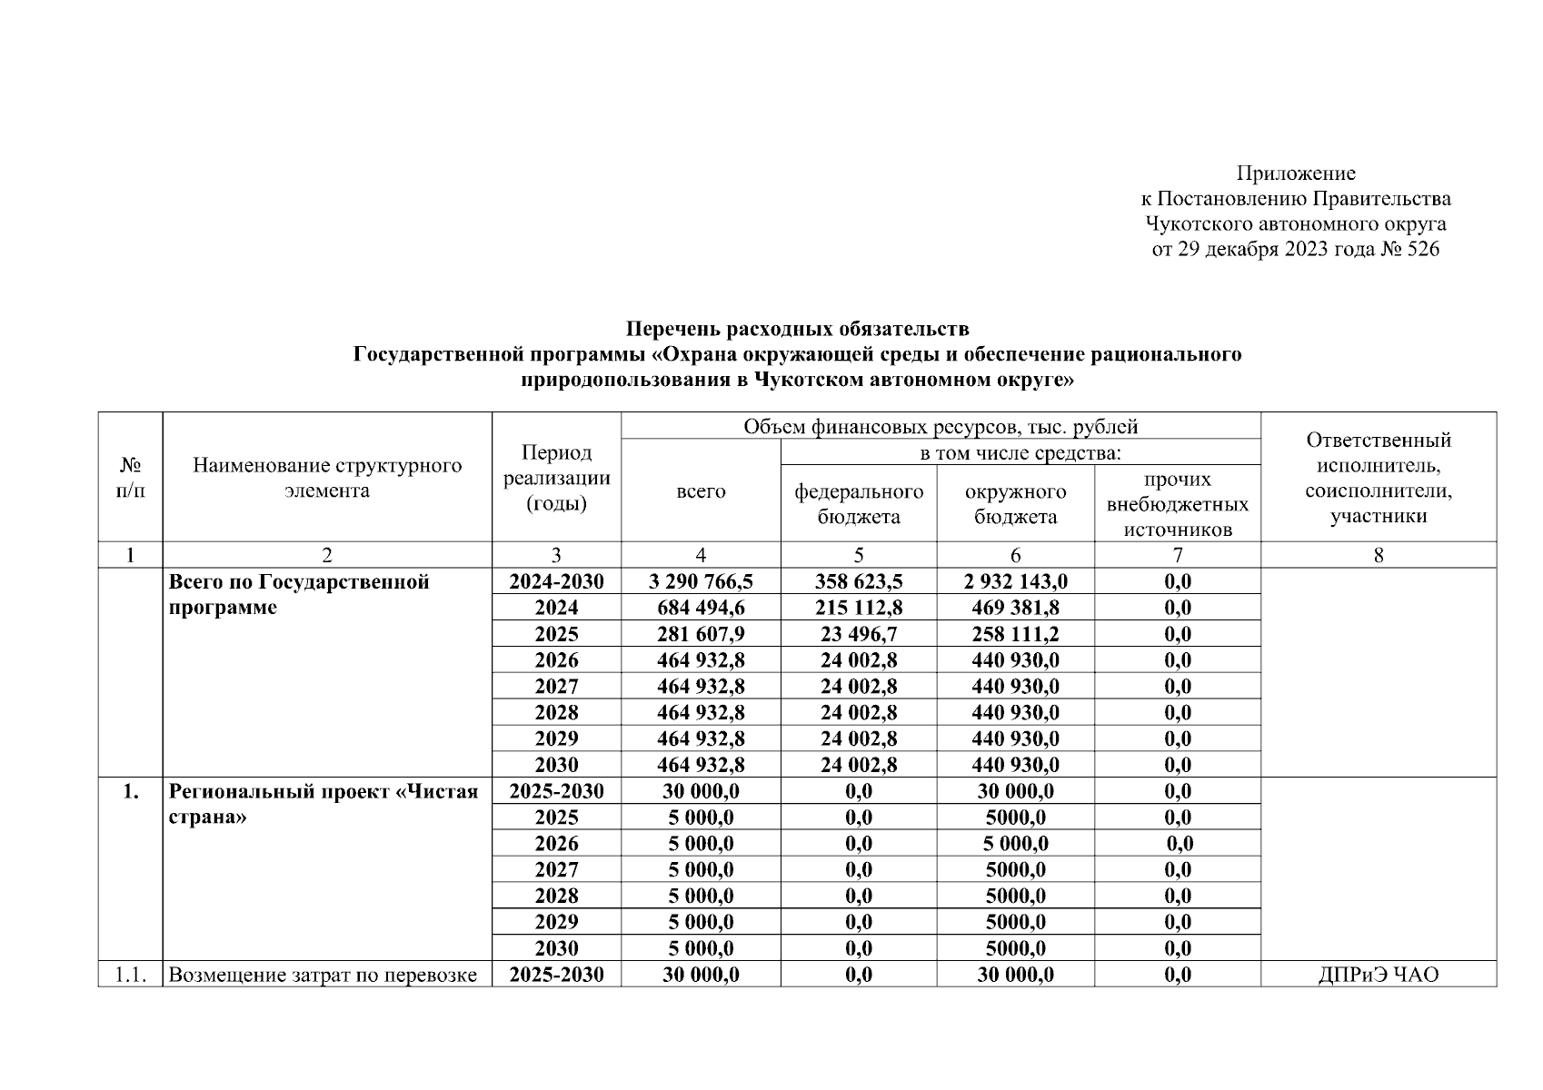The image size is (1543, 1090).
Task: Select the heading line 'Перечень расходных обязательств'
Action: point(797,328)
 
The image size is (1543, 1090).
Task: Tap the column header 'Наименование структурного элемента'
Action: point(327,478)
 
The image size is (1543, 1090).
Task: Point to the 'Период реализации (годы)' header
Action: point(556,478)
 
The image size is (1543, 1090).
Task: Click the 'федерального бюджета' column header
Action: point(859,504)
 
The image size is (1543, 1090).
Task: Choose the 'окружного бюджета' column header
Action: point(1015,504)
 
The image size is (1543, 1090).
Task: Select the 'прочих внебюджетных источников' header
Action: point(1178,504)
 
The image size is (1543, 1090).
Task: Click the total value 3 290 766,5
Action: point(701,581)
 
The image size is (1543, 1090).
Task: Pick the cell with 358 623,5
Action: point(859,581)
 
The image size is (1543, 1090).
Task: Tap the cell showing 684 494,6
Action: point(701,608)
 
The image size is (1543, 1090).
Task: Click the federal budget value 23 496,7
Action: point(859,634)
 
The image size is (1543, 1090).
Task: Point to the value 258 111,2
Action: point(1015,634)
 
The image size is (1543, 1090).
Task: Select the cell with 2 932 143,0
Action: point(1015,581)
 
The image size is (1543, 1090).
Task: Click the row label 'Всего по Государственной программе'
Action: point(299,594)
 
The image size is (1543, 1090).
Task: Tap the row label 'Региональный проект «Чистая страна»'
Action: point(323,804)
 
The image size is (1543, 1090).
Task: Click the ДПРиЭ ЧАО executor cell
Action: point(1378,976)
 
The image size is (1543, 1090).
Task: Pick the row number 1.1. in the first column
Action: point(130,976)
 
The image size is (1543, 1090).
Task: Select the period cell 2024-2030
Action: point(556,581)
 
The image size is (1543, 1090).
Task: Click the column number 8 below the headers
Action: point(1378,555)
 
